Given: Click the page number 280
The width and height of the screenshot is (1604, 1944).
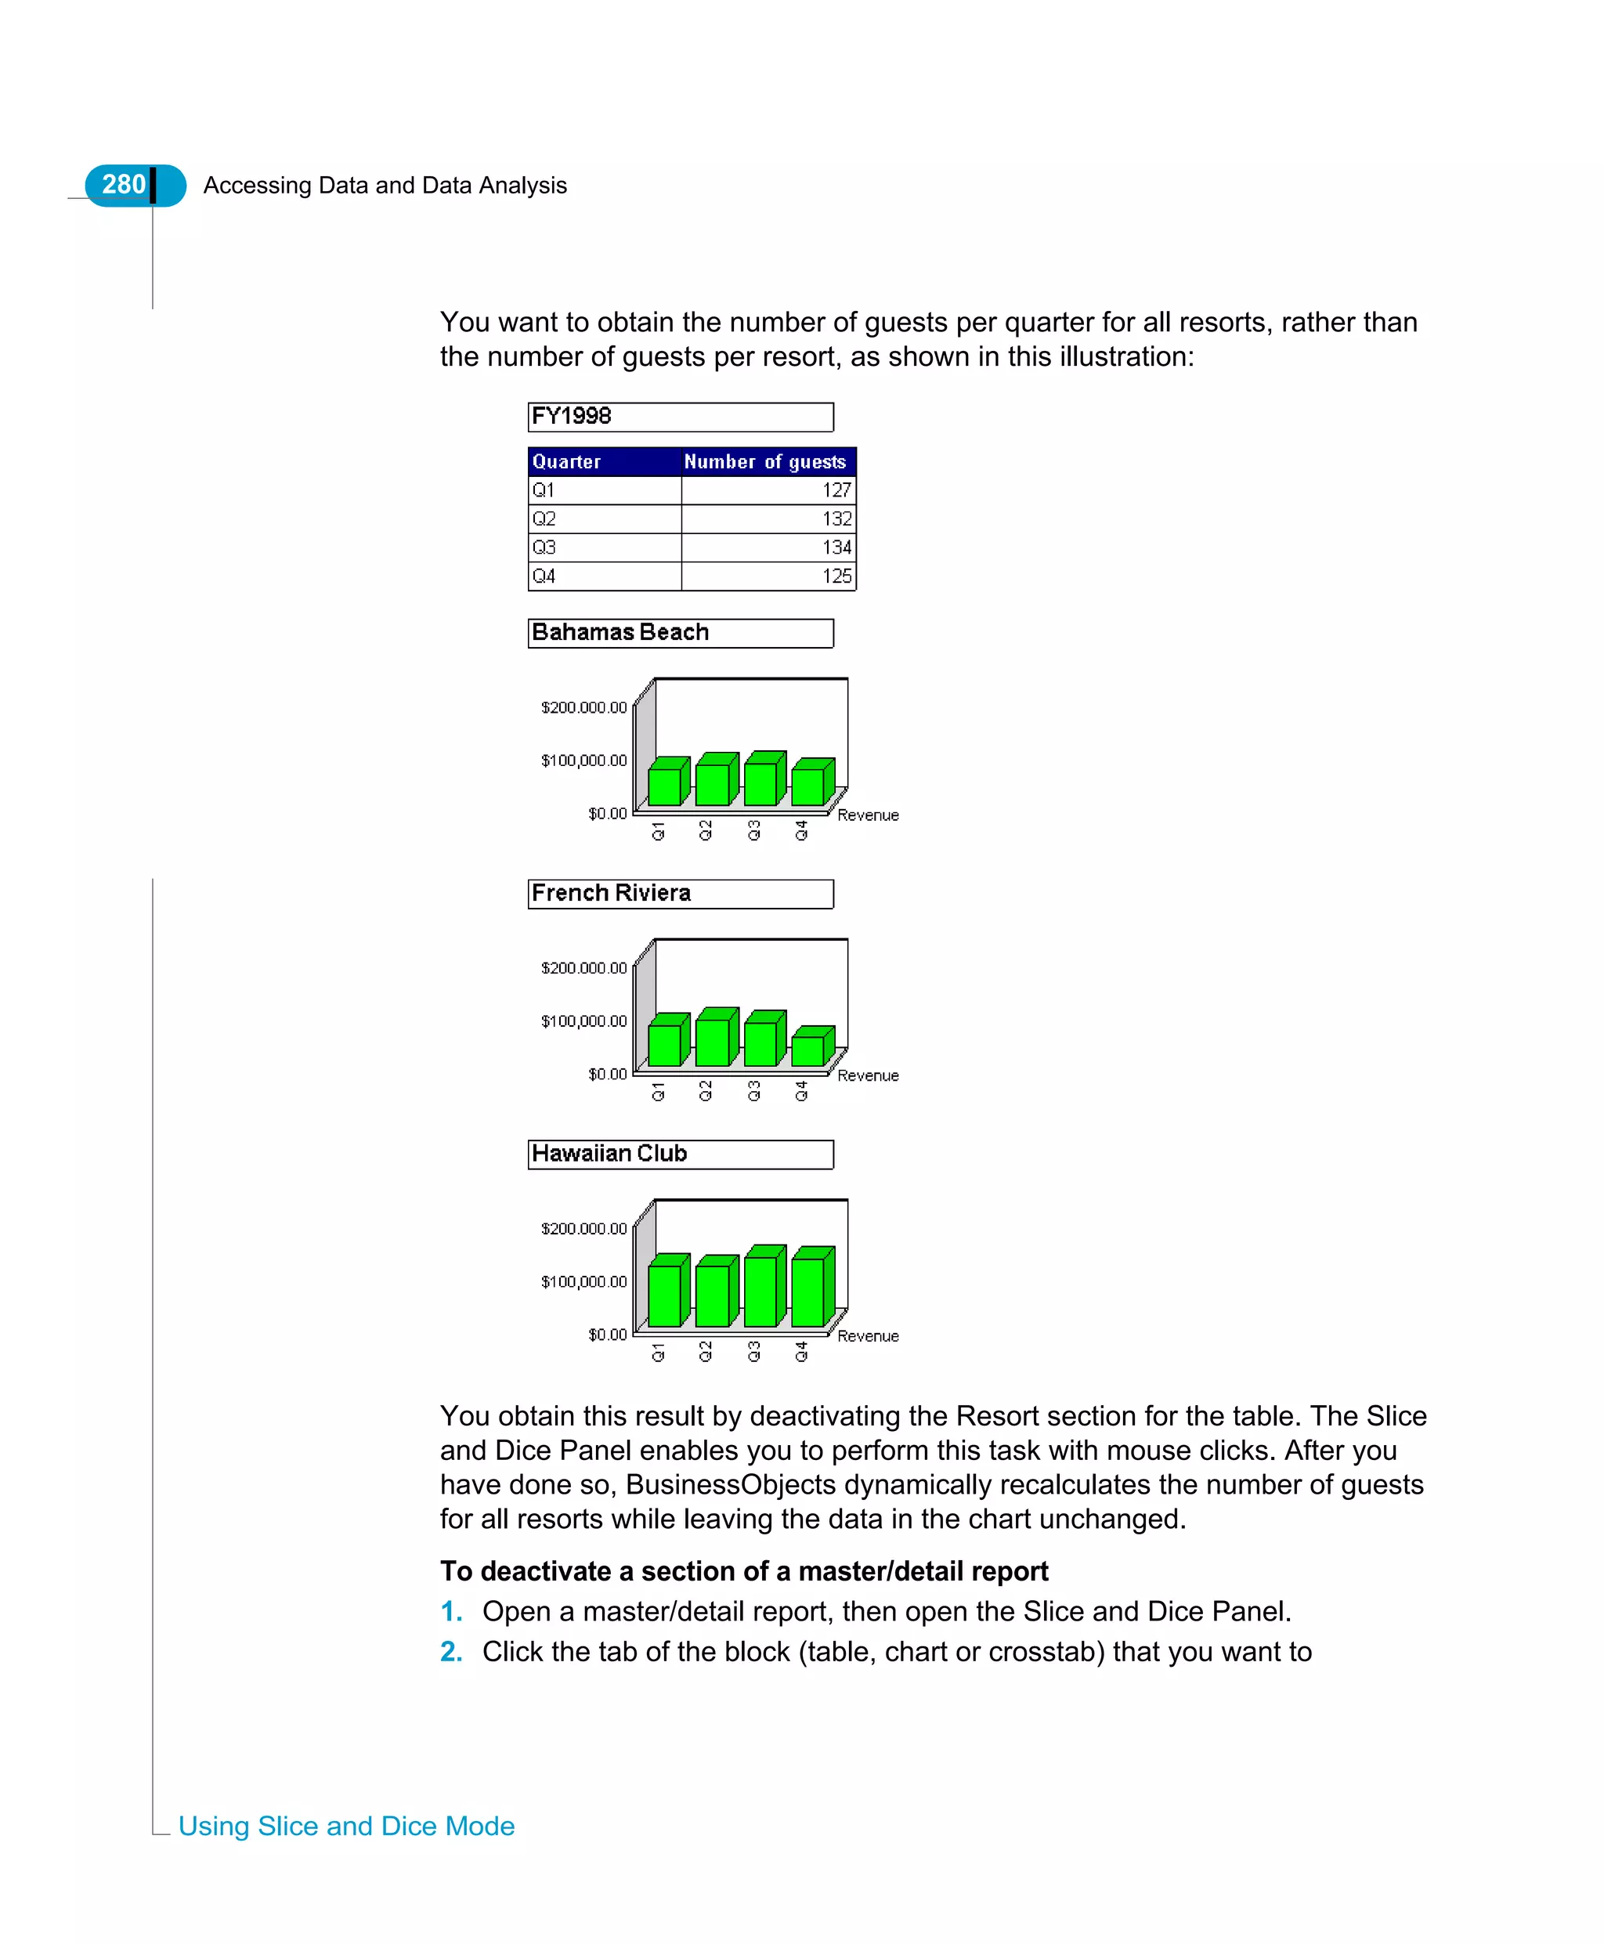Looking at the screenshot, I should tap(124, 185).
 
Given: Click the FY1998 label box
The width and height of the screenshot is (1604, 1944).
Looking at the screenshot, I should tap(679, 417).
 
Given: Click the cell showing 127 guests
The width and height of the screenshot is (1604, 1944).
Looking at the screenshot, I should tap(768, 490).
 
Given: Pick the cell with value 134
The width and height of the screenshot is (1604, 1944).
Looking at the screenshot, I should tap(768, 547).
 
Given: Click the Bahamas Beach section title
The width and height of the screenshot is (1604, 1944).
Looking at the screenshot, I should tap(679, 633).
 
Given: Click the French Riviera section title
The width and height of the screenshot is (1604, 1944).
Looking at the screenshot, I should tap(679, 894).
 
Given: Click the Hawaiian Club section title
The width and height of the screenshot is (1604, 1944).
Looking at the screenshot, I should tap(679, 1154).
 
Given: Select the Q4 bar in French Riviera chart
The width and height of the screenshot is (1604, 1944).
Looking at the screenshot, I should tap(808, 1050).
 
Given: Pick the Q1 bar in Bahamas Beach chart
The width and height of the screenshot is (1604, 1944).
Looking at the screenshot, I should tap(664, 786).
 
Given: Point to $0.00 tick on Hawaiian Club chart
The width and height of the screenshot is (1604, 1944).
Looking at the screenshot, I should tap(607, 1334).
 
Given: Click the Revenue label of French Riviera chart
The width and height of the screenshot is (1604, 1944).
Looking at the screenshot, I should tap(868, 1075).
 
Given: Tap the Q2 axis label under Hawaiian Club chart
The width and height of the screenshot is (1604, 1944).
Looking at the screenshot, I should tap(706, 1351).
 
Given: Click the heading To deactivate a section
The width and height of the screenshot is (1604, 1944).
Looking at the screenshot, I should tap(744, 1570).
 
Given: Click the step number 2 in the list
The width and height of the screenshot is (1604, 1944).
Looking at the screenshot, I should tap(451, 1651).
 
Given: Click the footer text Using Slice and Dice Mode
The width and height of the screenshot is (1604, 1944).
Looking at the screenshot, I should tap(346, 1826).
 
